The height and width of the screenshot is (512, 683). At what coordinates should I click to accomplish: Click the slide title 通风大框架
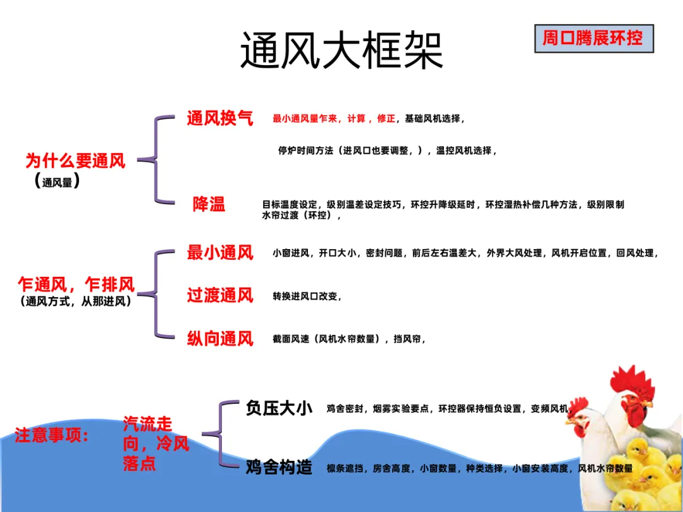[341, 50]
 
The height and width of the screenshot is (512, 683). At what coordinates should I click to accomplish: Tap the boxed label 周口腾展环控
[593, 39]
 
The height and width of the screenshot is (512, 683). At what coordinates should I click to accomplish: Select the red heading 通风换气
[219, 118]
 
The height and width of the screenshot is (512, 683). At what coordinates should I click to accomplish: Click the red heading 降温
[209, 204]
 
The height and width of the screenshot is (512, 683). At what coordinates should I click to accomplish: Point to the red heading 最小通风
[219, 253]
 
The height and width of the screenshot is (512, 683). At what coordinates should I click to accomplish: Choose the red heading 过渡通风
[219, 295]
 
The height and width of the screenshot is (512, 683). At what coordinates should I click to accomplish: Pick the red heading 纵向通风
[219, 338]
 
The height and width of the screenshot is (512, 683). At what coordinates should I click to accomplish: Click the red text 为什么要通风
[75, 161]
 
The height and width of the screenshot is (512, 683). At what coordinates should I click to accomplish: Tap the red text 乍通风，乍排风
[77, 285]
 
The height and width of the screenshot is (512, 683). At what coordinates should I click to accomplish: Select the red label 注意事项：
[52, 436]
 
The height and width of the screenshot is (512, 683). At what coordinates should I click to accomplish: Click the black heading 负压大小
[279, 408]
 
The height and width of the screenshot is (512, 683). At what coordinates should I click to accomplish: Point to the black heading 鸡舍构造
[279, 468]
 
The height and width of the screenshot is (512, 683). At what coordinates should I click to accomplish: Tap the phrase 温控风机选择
[463, 151]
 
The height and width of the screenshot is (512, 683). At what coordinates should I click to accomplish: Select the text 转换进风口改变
[306, 296]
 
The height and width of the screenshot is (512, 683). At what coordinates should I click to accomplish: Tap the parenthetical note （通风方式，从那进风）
[76, 302]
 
